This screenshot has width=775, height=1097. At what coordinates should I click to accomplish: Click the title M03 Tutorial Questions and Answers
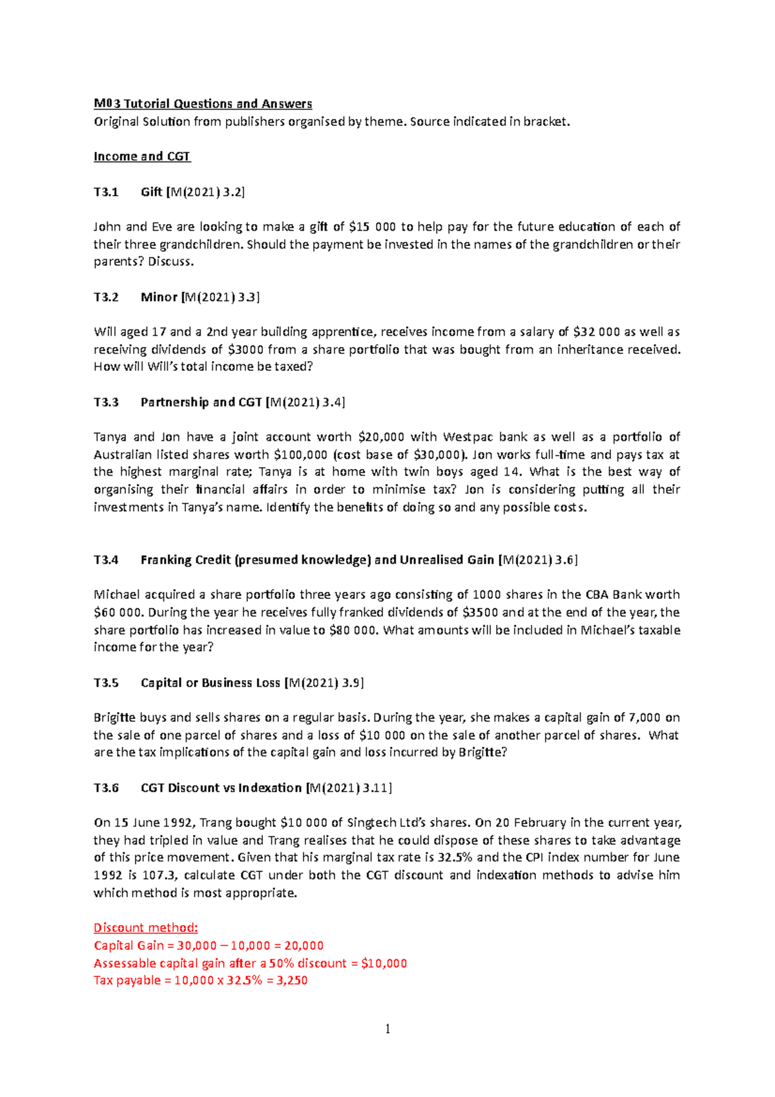203,103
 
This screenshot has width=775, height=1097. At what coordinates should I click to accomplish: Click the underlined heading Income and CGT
142,156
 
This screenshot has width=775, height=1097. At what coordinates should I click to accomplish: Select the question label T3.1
106,192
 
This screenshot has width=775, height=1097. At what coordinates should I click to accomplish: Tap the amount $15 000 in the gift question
372,227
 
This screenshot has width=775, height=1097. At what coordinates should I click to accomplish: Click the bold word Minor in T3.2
159,297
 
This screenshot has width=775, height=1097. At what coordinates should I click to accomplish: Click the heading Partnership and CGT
201,402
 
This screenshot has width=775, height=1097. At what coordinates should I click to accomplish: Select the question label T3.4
106,560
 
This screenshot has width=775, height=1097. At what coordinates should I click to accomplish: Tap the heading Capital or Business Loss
211,683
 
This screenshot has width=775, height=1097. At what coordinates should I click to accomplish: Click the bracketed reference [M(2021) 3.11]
349,788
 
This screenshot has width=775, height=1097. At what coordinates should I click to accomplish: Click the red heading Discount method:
146,928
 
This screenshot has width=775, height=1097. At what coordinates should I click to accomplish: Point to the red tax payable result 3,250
292,981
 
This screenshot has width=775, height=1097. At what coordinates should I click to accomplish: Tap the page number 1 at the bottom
387,1029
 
